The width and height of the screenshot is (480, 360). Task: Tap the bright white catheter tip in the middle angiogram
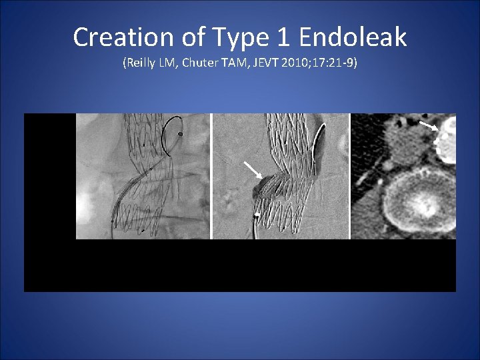click(257, 215)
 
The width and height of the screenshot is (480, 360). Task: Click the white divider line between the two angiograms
click(211, 176)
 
